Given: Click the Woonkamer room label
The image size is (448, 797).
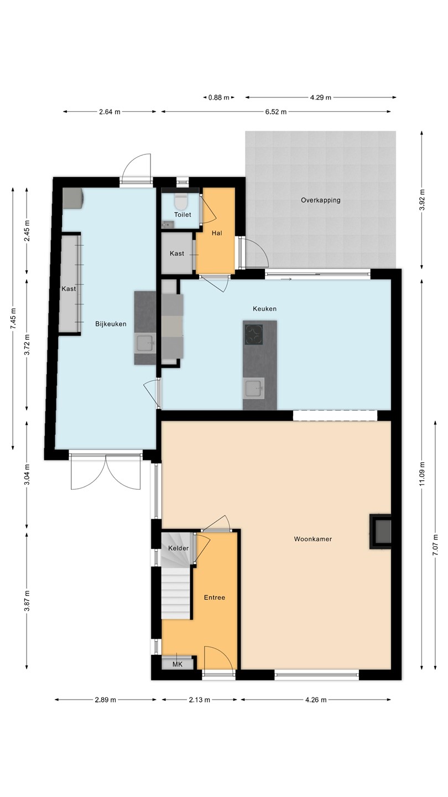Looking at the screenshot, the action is tap(312, 539).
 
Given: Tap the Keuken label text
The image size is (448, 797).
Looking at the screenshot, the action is tap(264, 309).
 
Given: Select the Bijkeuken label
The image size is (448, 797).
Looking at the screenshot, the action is tap(111, 324).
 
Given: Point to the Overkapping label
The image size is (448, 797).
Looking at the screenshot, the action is tap(320, 200).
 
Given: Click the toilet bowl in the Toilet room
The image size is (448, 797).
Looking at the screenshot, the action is tap(181, 201).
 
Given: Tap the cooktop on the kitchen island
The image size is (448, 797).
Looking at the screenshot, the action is tap(253, 334).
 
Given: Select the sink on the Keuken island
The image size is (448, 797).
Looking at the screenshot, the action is tap(253, 388).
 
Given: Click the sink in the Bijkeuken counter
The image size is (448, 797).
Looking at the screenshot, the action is tap(145, 343).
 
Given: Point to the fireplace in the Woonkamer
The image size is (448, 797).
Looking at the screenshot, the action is tap(381, 531).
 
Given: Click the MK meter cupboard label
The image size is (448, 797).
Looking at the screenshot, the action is tap(178, 664).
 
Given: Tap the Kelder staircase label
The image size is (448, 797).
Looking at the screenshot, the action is tap(178, 548).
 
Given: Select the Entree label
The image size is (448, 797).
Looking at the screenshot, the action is tap(215, 597).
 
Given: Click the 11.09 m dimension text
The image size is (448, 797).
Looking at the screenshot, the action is tap(421, 474).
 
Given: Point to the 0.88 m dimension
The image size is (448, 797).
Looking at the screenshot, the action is tap(218, 97).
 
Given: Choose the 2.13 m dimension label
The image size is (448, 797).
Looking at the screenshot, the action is tap(200, 700).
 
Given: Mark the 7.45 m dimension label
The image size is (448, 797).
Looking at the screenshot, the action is tap(13, 318).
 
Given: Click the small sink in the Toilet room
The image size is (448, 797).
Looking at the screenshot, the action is tap(168, 224).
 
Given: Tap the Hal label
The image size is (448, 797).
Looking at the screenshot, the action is tap(217, 233).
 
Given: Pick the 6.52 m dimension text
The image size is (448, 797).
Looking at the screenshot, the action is tap(275, 112).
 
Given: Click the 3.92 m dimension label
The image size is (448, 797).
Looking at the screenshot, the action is tap(421, 200).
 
